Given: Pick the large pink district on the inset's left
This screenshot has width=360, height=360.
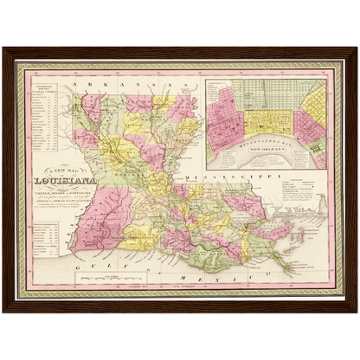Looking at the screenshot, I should click(224, 112).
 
